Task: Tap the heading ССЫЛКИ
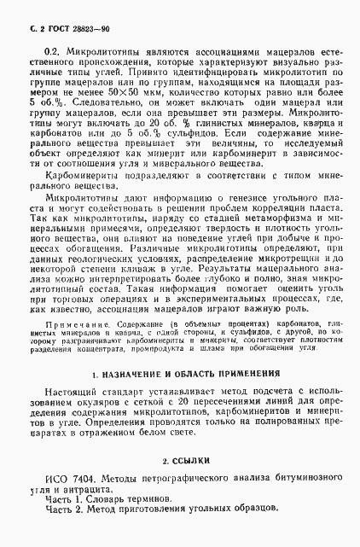point(186,461)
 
